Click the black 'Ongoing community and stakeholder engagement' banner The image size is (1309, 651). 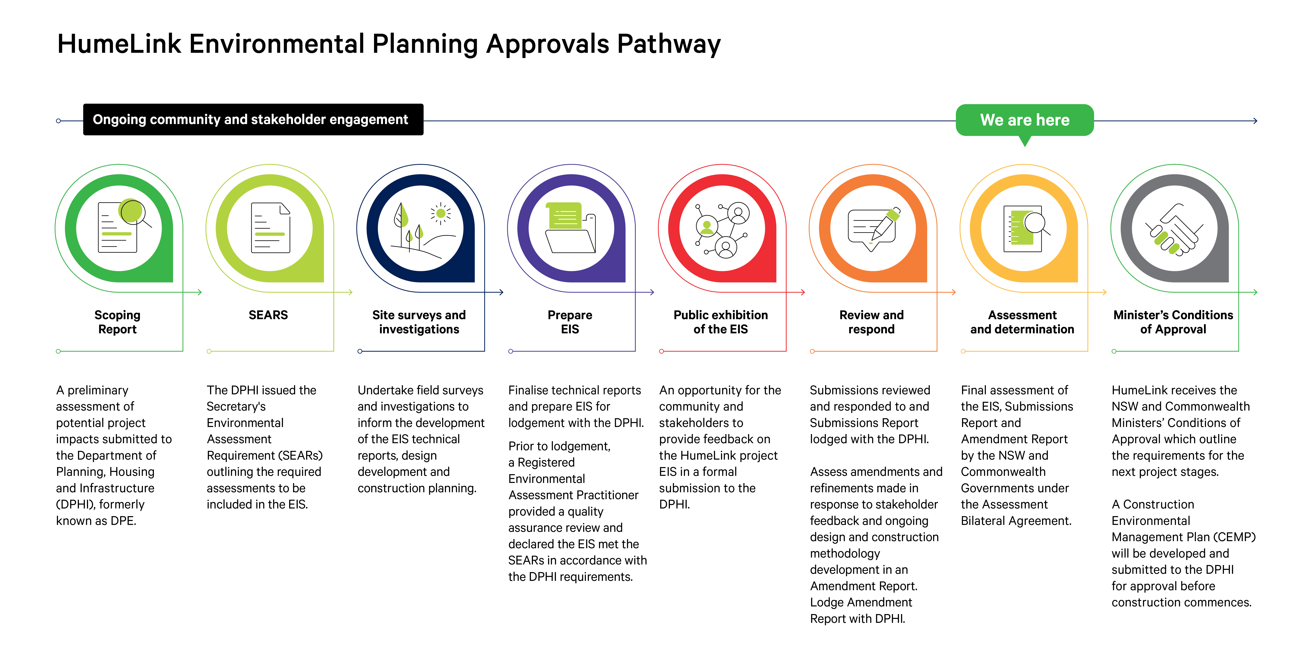coord(253,119)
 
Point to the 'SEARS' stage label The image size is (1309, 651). coord(268,315)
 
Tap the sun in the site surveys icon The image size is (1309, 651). coord(441,213)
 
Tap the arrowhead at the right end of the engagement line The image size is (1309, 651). coord(1255,121)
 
